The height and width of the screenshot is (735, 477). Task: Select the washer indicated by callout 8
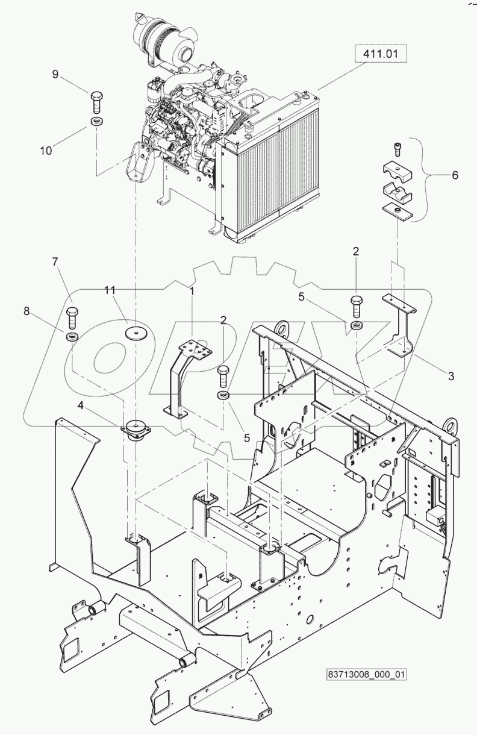72,335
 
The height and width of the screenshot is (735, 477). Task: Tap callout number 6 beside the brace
455,175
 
